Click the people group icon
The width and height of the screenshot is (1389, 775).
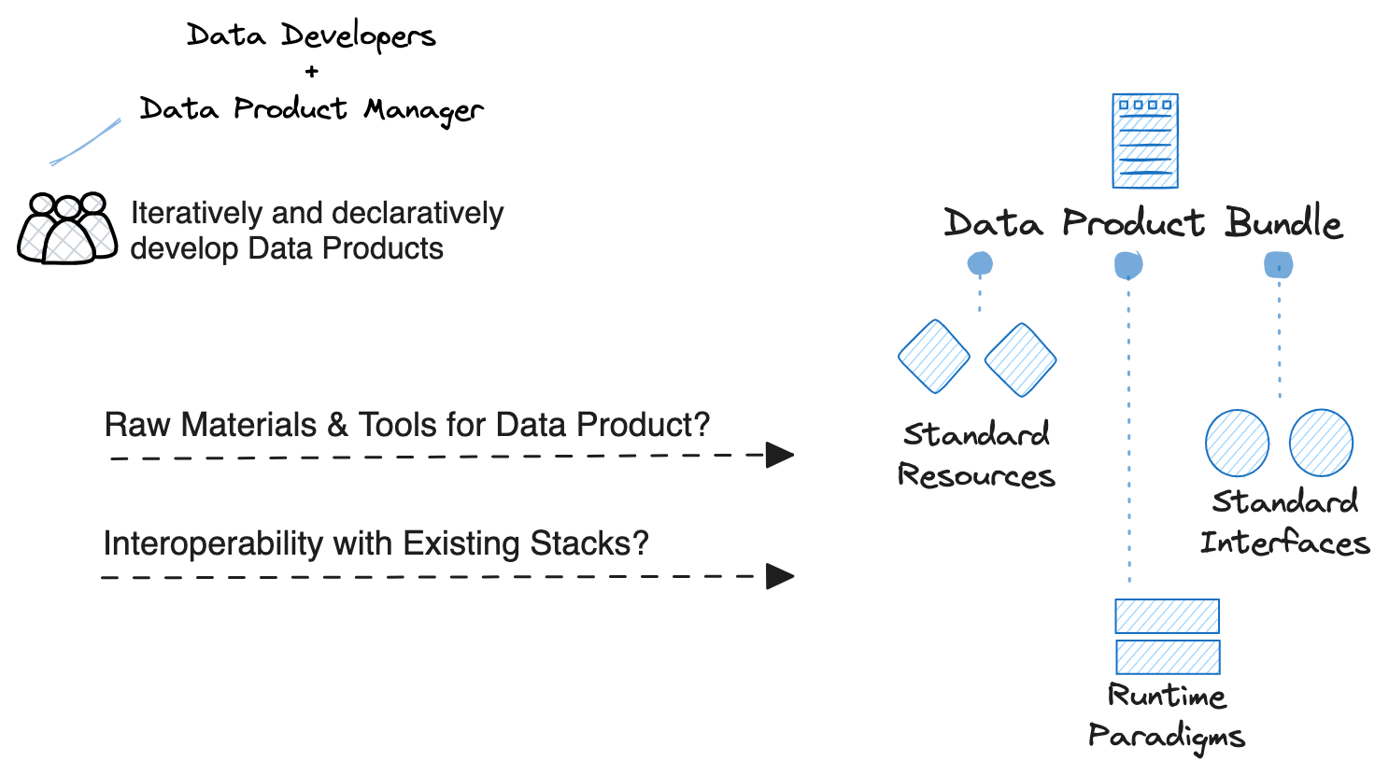click(x=67, y=229)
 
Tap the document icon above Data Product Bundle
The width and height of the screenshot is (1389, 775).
click(x=1144, y=141)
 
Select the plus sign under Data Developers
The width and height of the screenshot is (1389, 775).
click(x=311, y=71)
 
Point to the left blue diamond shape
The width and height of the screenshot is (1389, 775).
click(x=933, y=357)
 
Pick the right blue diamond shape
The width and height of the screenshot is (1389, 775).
click(x=1020, y=359)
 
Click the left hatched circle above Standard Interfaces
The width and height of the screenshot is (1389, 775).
click(x=1237, y=443)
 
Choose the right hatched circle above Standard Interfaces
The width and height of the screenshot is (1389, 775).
click(x=1321, y=443)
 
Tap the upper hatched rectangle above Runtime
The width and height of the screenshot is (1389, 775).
click(x=1167, y=616)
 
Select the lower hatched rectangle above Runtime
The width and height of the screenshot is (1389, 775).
click(x=1168, y=656)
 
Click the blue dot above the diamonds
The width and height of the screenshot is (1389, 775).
click(x=980, y=264)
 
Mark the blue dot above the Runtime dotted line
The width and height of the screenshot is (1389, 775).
click(x=1128, y=266)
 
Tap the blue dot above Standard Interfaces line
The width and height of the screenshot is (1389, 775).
click(x=1278, y=266)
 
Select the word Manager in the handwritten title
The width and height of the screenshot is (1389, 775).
click(x=423, y=110)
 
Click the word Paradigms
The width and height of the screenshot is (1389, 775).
click(x=1166, y=736)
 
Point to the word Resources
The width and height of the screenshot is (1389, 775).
click(x=976, y=476)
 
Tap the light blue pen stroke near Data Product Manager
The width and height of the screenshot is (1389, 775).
click(x=86, y=142)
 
